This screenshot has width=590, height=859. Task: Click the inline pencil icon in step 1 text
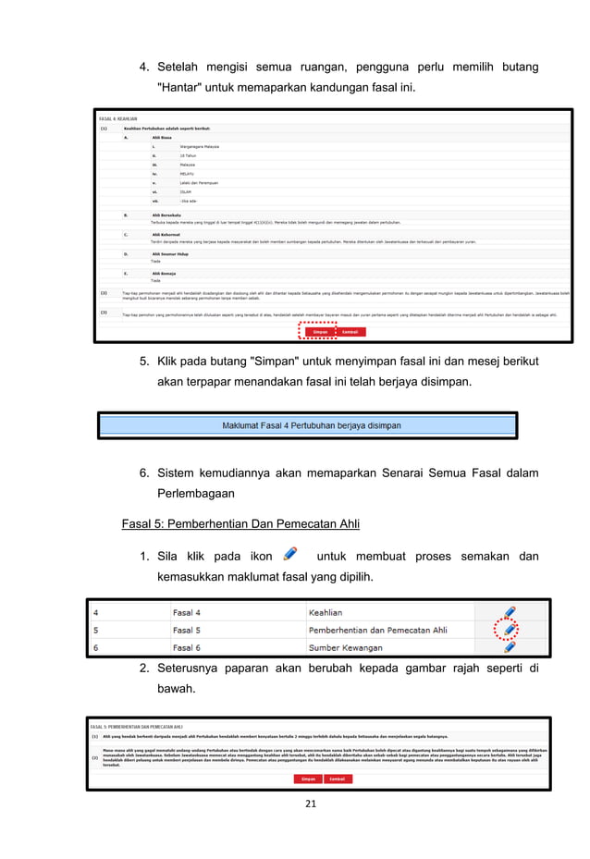pos(290,554)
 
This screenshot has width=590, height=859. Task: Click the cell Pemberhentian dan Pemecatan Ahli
pos(379,630)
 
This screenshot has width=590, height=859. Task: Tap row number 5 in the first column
pos(94,630)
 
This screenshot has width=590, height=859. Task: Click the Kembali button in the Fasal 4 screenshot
pos(350,332)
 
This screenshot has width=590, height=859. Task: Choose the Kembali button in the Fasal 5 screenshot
pos(337,779)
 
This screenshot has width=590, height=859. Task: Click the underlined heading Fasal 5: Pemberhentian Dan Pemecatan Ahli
pos(240,523)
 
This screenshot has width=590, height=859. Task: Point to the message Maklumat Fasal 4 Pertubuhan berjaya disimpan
pos(311,426)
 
